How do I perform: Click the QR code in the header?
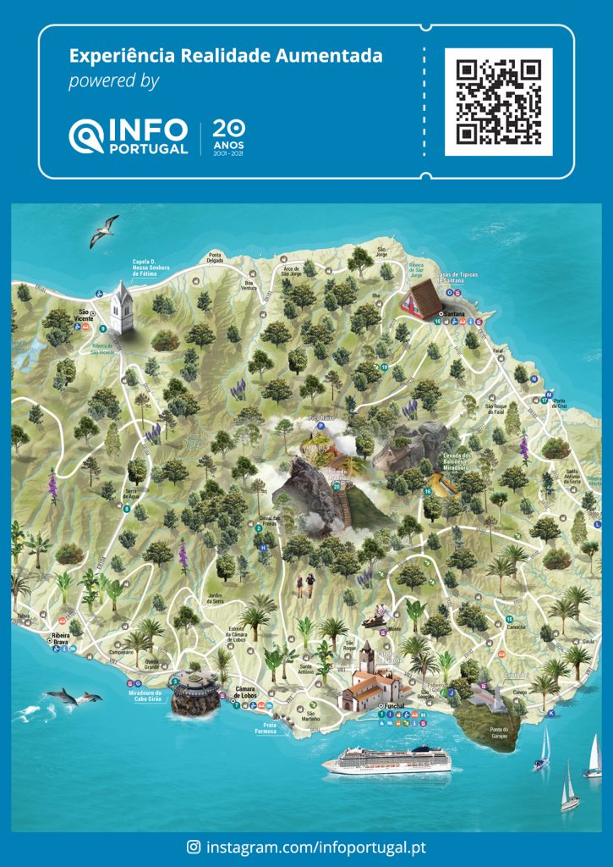pos(498,102)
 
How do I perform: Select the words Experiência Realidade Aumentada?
pos(225,57)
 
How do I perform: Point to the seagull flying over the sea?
pos(104,229)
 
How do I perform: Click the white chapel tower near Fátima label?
pos(123,307)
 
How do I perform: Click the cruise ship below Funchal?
pos(386,759)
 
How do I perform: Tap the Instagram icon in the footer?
pos(194,846)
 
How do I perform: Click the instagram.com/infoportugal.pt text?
pos(316,846)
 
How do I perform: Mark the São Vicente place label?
pos(85,315)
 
